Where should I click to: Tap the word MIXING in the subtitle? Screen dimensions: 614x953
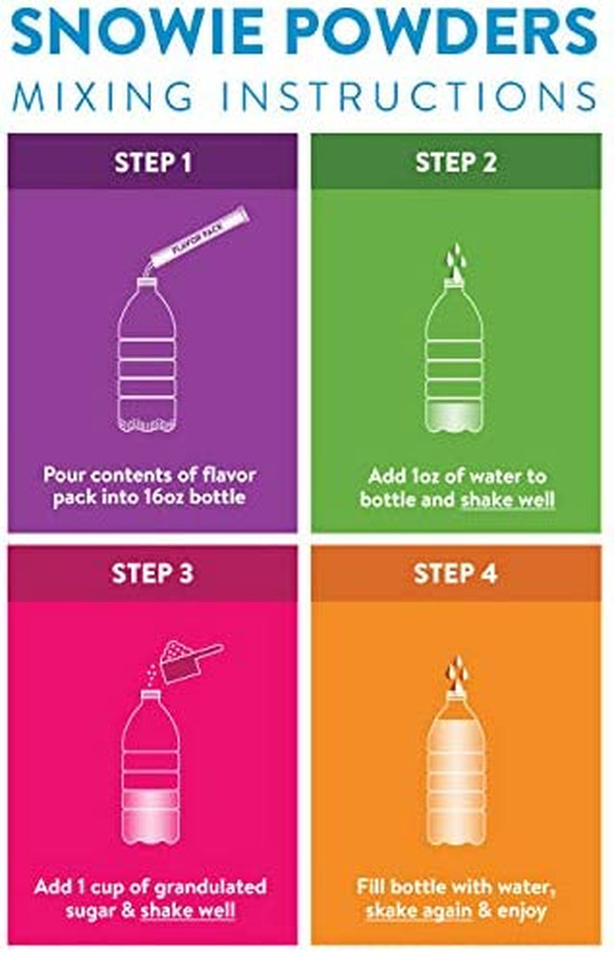click(104, 97)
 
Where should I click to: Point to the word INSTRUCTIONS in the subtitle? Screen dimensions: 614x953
click(409, 97)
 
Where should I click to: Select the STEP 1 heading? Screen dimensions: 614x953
click(153, 162)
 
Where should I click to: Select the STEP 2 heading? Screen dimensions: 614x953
click(456, 162)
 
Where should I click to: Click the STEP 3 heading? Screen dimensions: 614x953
click(152, 573)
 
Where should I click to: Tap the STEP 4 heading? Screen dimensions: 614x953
click(455, 573)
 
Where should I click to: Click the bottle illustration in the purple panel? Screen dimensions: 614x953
click(147, 354)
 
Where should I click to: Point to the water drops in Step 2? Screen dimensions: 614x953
click(455, 260)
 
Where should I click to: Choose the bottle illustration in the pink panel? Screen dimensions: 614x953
click(150, 767)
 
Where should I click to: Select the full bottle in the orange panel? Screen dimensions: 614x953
click(456, 768)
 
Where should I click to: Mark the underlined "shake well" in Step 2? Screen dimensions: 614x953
click(508, 499)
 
